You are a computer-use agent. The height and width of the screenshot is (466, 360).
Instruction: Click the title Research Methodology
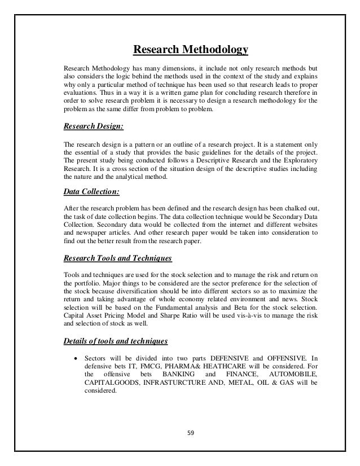[190, 51]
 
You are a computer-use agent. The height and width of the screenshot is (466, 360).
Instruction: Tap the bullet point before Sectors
[76, 359]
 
